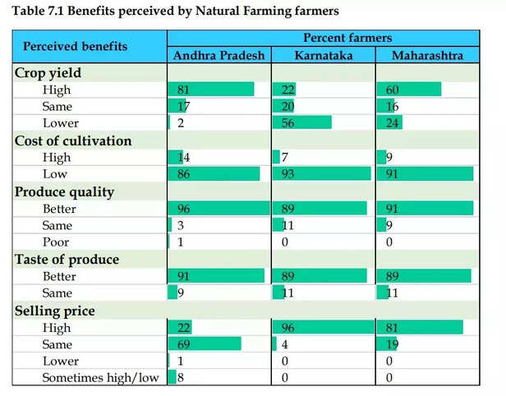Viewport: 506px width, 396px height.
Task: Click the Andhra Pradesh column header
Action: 218,55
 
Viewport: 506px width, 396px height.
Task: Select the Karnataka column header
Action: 322,55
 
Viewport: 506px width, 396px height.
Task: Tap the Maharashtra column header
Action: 427,55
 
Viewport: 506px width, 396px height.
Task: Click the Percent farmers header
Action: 323,38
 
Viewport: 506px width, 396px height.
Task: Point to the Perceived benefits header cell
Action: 75,46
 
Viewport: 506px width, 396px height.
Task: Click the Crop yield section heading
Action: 48,72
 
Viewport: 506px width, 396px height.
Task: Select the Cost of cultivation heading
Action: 73,140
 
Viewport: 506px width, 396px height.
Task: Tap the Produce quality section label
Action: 65,191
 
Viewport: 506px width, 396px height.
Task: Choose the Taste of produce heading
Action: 67,260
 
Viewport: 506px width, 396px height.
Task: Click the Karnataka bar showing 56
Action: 301,122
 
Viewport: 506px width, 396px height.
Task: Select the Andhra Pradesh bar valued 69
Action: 205,343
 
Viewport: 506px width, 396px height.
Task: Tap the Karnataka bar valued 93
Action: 320,174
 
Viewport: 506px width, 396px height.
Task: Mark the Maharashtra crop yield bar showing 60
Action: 408,89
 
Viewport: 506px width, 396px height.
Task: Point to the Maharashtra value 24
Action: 389,123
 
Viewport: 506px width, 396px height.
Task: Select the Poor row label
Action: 56,242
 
